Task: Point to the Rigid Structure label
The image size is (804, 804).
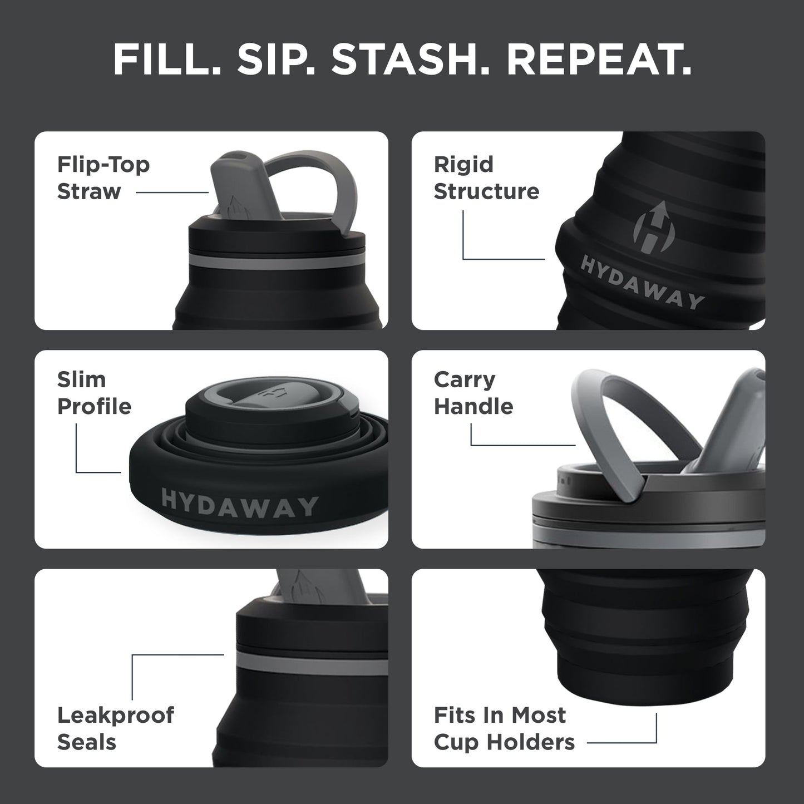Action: tap(486, 178)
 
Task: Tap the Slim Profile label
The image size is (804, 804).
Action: tap(94, 393)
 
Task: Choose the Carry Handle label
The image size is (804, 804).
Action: tap(473, 393)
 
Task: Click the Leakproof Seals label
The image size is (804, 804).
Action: tap(115, 728)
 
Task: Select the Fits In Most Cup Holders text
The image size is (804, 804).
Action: tap(504, 728)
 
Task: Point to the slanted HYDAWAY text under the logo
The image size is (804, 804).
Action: tap(642, 283)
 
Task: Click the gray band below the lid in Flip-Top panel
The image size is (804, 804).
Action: tap(273, 263)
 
